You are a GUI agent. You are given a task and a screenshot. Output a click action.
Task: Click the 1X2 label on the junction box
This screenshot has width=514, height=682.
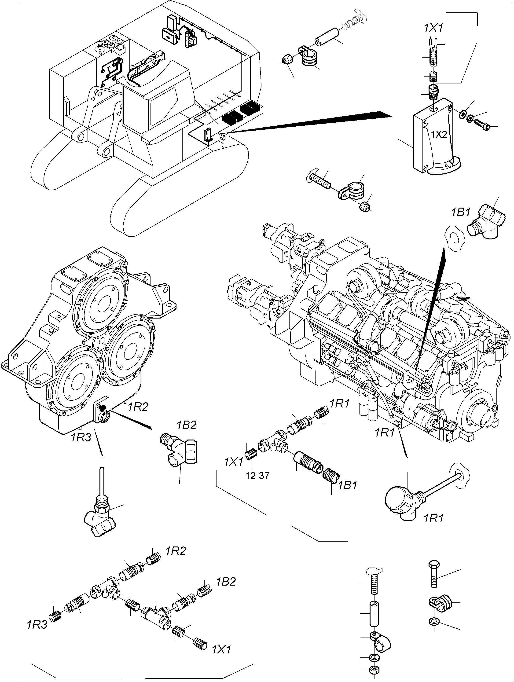tap(439, 135)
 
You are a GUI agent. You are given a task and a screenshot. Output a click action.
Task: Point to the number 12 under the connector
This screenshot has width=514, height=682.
tap(251, 476)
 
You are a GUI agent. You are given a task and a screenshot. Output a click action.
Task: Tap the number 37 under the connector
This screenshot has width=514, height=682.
tap(264, 476)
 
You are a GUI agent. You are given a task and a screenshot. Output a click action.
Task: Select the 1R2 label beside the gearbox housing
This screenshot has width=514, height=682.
tap(138, 407)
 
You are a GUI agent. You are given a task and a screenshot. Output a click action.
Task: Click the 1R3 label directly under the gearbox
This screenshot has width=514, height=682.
tap(81, 437)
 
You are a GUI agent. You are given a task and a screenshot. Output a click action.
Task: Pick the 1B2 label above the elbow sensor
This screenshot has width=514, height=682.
tap(187, 425)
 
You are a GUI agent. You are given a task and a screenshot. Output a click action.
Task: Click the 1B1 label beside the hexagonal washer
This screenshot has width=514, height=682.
tap(461, 212)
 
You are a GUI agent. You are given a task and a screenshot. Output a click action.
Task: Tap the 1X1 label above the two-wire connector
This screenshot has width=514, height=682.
tap(433, 28)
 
